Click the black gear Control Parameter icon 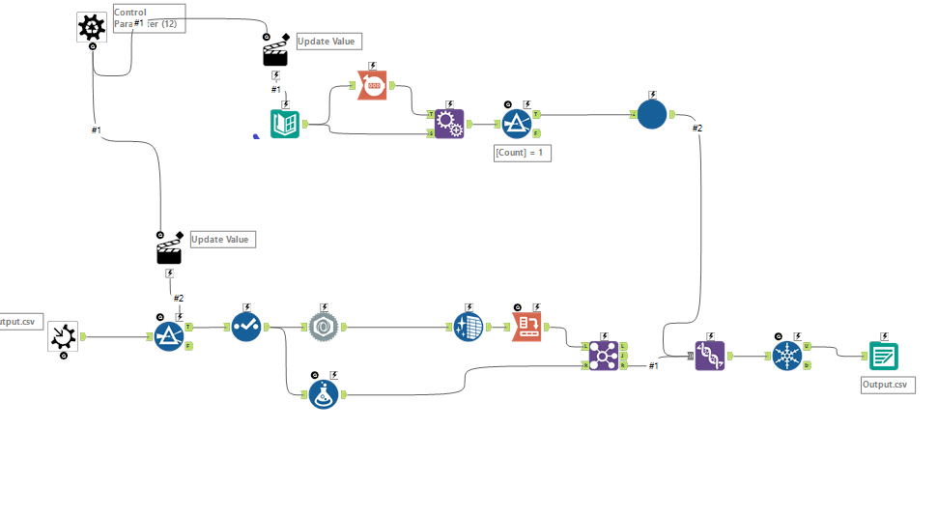[x=92, y=27]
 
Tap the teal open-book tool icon [x=285, y=124]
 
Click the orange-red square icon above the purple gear [x=373, y=85]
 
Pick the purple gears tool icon [x=448, y=124]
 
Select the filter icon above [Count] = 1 [x=517, y=124]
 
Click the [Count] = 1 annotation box [x=522, y=153]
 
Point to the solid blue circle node [x=652, y=114]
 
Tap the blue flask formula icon [x=324, y=394]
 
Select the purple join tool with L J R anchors [x=604, y=356]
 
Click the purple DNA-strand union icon [x=710, y=356]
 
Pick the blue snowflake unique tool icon [x=787, y=356]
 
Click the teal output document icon [x=884, y=356]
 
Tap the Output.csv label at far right [x=887, y=385]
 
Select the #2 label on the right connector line [x=696, y=128]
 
